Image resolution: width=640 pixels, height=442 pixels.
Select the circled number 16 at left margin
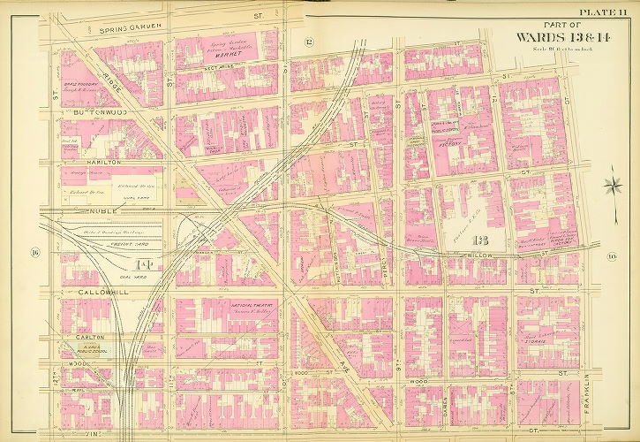[35, 255]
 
